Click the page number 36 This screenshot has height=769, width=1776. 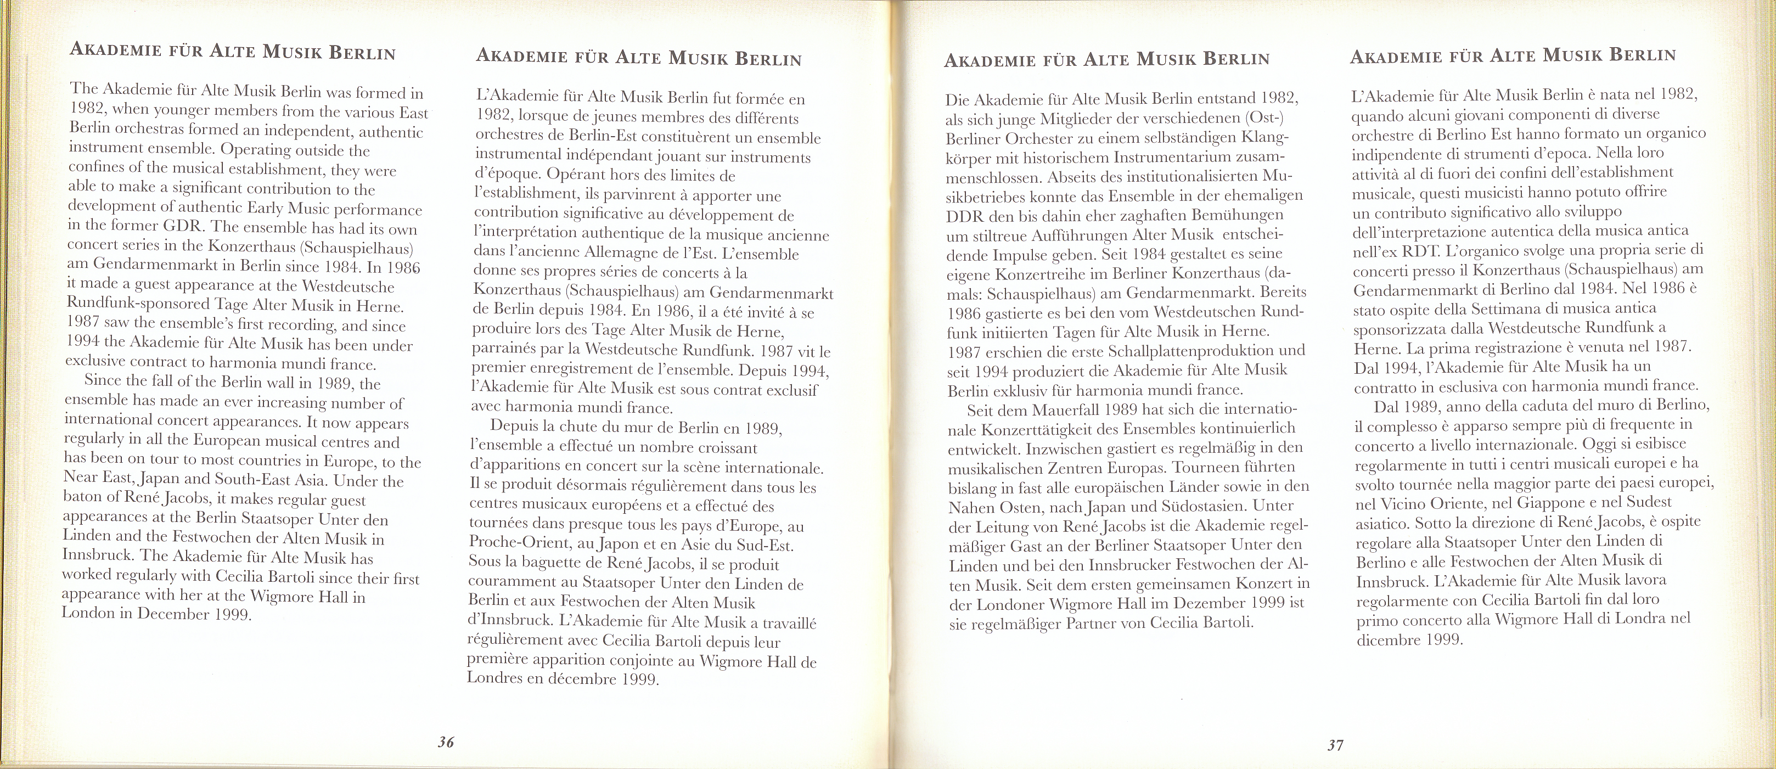[446, 743]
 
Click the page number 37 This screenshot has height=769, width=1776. [1335, 745]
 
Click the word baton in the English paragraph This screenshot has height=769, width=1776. [83, 497]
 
